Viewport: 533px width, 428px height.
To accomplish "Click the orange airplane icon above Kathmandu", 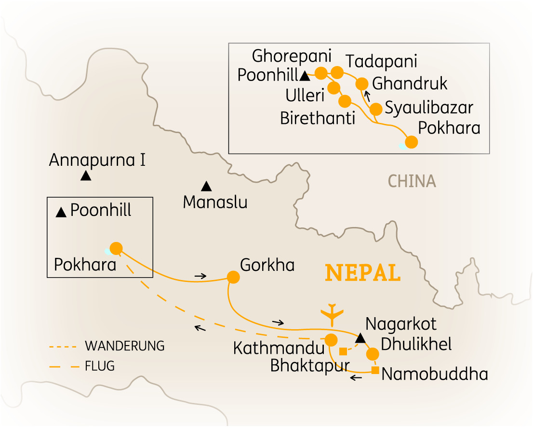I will pos(332,314).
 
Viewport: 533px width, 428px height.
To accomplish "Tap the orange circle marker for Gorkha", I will pos(233,277).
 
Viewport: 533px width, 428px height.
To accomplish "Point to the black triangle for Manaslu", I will pos(206,186).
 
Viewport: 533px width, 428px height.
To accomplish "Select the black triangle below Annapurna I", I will pos(86,176).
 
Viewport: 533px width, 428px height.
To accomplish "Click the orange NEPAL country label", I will pos(363,273).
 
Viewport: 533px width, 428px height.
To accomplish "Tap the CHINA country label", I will pos(412,181).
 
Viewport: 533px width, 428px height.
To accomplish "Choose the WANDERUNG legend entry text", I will pos(124,346).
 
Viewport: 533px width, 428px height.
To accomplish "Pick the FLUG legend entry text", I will pos(100,366).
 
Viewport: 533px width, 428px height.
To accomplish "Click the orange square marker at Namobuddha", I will pos(375,370).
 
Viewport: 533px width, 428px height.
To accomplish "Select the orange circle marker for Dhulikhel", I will pos(373,354).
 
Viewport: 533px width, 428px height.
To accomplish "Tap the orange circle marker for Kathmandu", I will pos(331,339).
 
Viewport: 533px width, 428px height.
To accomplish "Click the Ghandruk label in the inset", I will pos(410,84).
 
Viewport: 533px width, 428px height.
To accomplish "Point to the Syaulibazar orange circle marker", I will pos(375,109).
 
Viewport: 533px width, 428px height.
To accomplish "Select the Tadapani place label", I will pos(381,62).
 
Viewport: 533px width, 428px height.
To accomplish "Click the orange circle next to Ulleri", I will pos(333,88).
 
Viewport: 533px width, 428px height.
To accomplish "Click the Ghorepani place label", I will pos(292,57).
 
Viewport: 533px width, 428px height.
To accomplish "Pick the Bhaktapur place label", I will pos(309,365).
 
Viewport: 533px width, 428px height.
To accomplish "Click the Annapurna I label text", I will pos(97,160).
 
